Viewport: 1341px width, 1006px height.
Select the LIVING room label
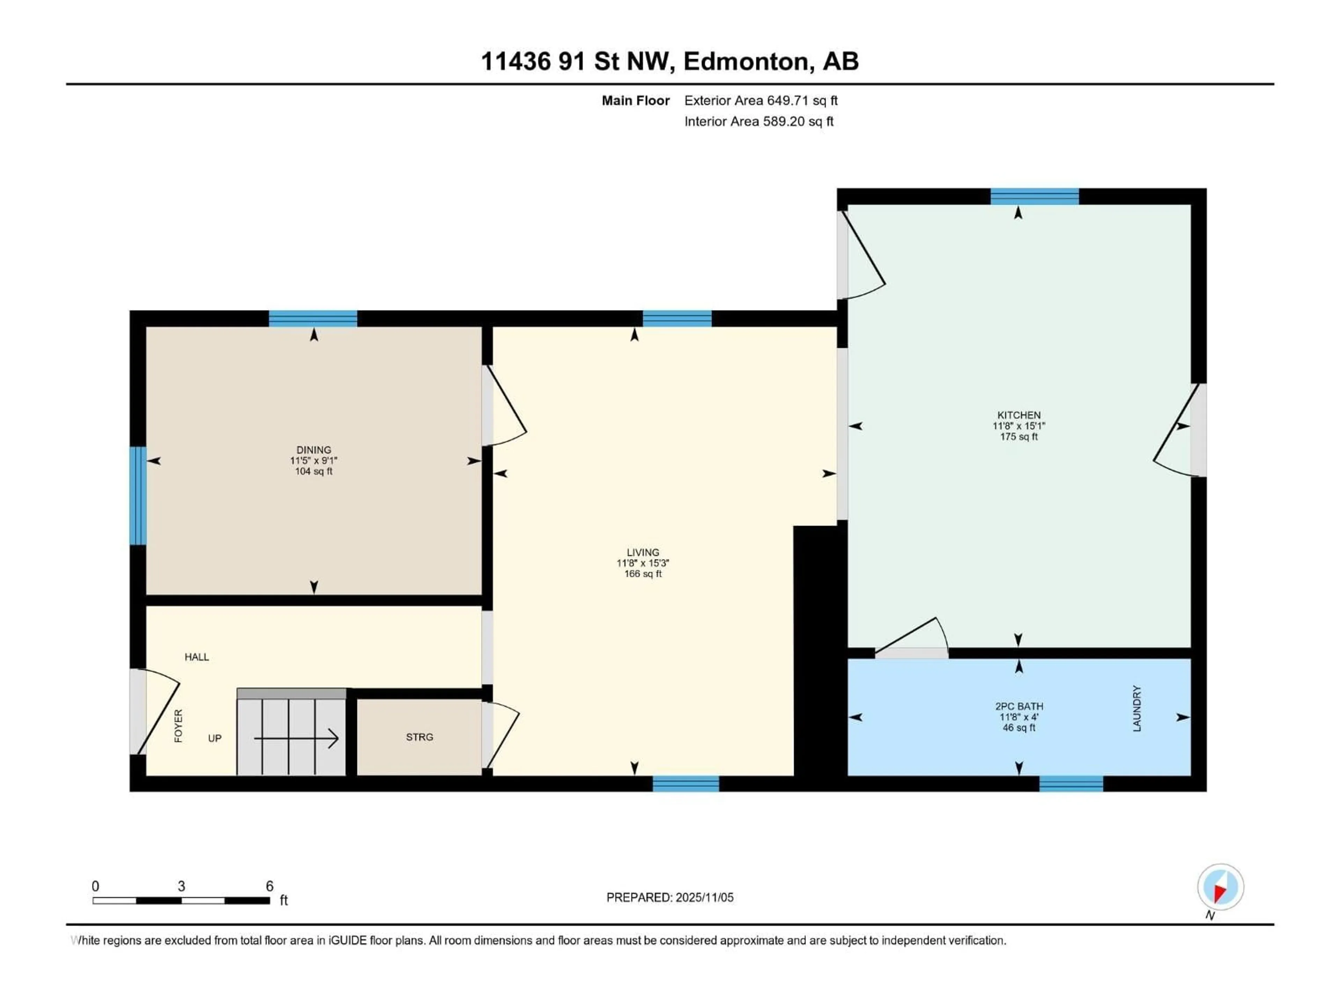[643, 552]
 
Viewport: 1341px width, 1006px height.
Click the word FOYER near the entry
[178, 726]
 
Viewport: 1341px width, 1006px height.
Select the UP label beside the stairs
[215, 738]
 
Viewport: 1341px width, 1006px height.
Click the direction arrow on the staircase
[296, 738]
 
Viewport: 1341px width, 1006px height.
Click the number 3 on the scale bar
[181, 886]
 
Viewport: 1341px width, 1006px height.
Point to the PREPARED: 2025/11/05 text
[670, 897]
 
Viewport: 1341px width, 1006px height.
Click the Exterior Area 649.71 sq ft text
[761, 101]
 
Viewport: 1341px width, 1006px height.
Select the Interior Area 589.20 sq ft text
[759, 121]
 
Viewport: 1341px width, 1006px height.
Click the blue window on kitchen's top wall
[1034, 196]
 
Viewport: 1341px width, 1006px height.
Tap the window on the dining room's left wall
[138, 496]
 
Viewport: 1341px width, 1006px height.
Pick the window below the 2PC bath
[1071, 783]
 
